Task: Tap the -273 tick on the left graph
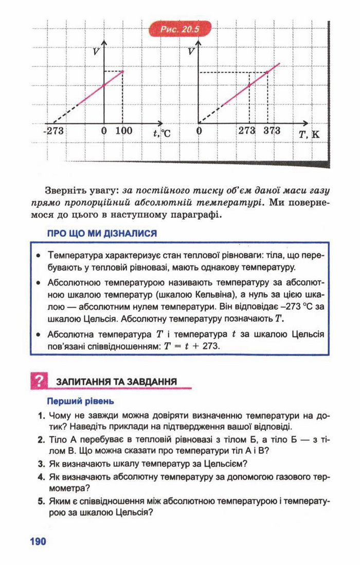pos(53,131)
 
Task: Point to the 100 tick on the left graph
pos(123,131)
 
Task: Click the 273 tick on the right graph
pos(247,131)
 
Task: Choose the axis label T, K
pos(309,134)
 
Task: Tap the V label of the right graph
pos(191,51)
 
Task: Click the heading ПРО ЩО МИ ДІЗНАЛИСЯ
pos(101,234)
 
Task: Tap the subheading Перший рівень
pos(80,400)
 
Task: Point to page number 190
pos(38,541)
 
